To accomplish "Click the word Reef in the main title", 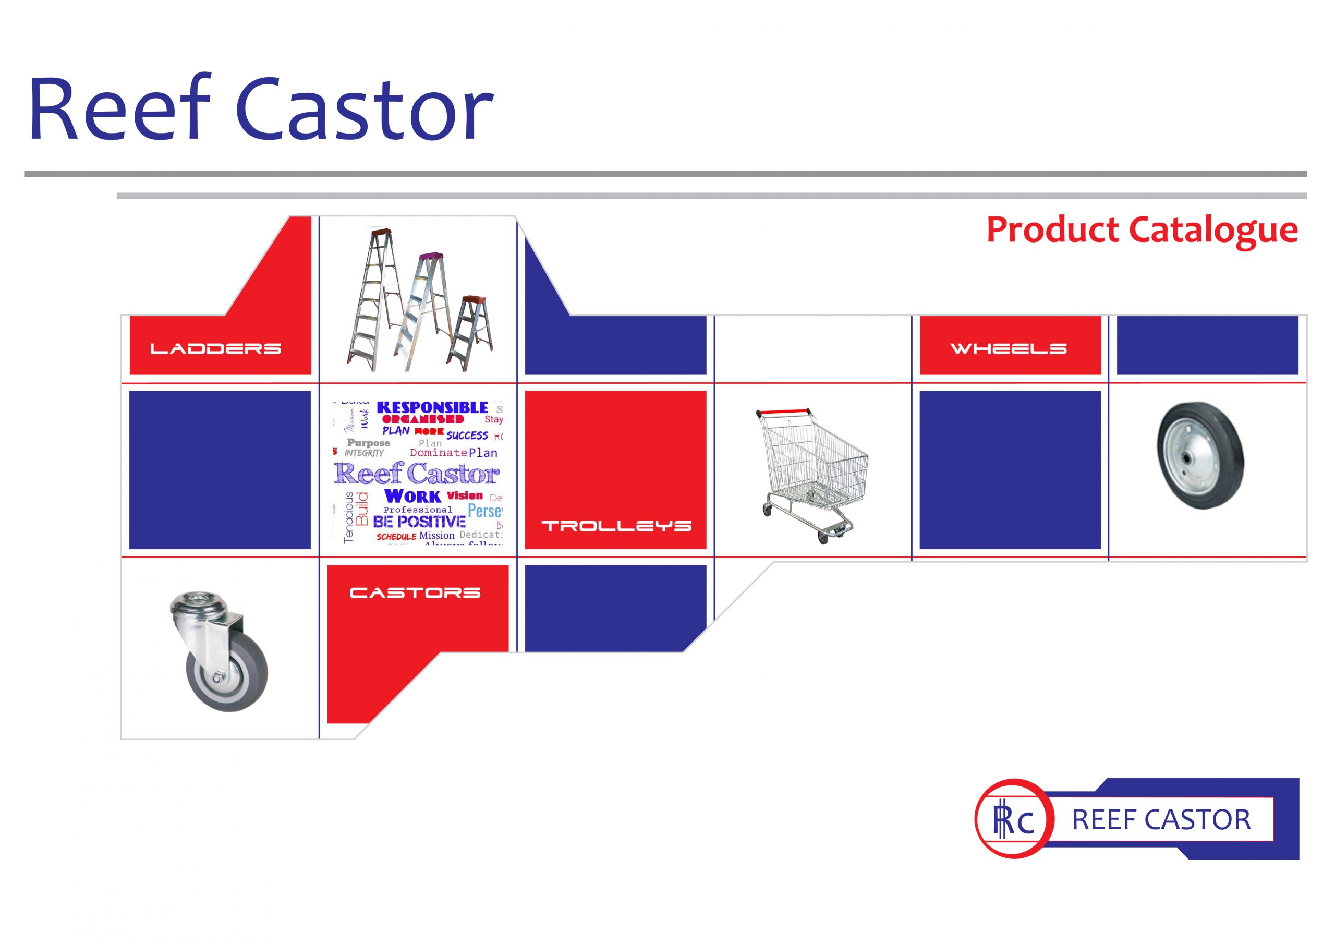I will point(119,109).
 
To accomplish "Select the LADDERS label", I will point(216,348).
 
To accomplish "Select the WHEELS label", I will point(1008,348).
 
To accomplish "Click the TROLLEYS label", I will point(616,526).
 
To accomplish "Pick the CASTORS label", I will point(415,592).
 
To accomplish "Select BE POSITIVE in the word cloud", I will point(419,522).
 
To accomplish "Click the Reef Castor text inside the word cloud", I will point(416,474).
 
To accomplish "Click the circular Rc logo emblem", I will point(1013,819).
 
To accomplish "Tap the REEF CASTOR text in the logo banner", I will point(1161,819).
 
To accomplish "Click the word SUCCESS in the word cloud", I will point(467,435).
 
